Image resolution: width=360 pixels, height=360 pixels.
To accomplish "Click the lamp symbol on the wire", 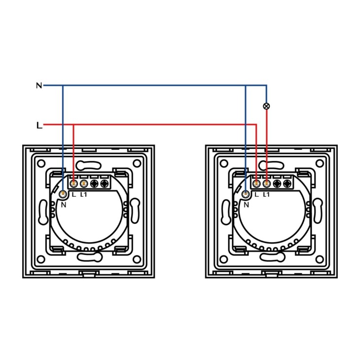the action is (266, 106).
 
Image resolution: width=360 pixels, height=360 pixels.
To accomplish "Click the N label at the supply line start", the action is (39, 86).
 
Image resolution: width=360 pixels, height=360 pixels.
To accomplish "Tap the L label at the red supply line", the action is (39, 125).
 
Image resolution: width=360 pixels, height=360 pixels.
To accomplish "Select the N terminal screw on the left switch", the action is (63, 194).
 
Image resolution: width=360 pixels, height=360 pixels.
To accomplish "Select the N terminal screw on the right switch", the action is (246, 194).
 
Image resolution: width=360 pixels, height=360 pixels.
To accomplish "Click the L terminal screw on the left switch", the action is (73, 183).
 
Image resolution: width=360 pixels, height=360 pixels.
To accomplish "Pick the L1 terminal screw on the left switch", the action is (84, 183).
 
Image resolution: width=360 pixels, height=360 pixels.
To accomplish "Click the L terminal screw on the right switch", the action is (256, 183).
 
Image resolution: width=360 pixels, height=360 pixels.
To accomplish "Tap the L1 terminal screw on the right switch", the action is (267, 183).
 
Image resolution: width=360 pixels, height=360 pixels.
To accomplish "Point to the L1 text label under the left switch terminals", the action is (83, 195).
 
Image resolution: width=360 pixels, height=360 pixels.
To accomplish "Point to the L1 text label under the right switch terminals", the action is (266, 195).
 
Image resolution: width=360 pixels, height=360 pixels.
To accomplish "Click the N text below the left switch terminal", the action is (64, 205).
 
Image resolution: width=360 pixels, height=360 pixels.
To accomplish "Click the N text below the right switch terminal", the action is (247, 205).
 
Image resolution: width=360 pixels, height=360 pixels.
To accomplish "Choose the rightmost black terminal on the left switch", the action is (105, 183).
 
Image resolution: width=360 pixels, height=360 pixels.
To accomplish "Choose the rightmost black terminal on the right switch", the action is (287, 183).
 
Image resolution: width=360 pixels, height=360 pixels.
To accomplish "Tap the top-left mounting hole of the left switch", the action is (41, 163).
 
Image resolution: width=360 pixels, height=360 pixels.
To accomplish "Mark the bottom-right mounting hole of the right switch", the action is (320, 259).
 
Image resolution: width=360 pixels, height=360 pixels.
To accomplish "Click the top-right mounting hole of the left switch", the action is (137, 163).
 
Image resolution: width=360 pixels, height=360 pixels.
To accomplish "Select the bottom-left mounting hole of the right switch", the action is (223, 259).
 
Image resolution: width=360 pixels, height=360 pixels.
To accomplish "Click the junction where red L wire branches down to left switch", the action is (73, 125).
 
